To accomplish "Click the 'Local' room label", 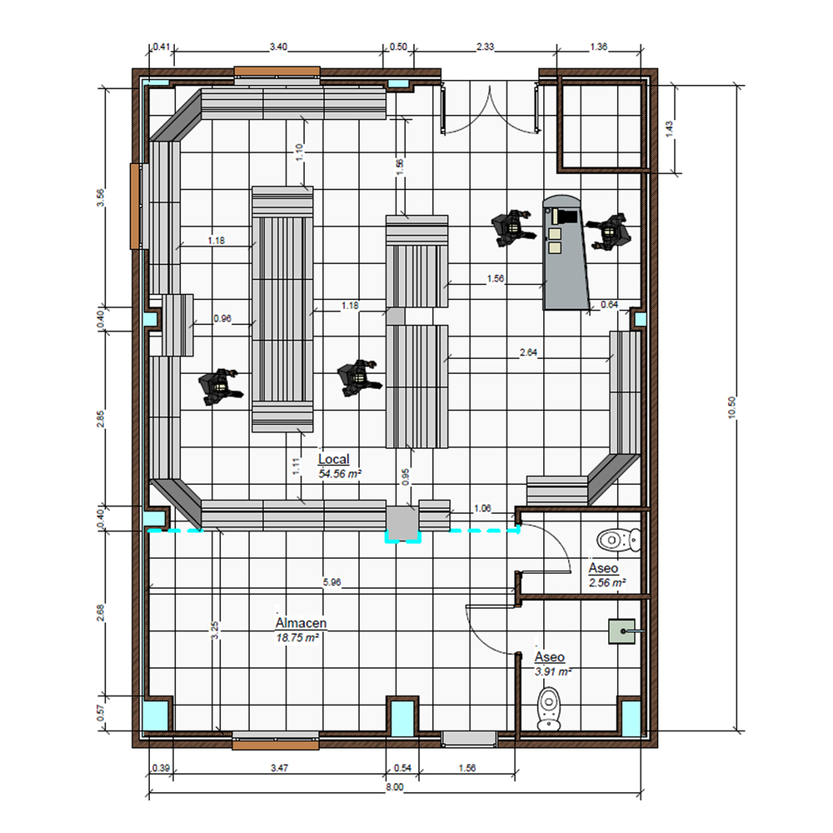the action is pos(334,459).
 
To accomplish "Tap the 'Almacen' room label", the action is pos(301,622).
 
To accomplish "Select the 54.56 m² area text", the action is pos(340,473).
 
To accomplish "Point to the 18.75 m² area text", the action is pos(297,637).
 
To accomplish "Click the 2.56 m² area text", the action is pos(606,583).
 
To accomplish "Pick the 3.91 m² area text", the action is pos(553,671).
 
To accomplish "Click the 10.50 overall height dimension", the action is pos(732,407).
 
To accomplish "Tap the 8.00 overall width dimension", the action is pos(394,787).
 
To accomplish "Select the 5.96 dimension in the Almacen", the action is pos(332,582).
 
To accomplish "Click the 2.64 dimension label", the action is pos(529,352).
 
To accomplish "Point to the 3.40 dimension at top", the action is pos(278,47).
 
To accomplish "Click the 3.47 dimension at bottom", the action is pos(279,768).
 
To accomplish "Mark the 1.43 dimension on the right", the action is pos(670,128).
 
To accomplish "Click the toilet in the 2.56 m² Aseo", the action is pos(618,541).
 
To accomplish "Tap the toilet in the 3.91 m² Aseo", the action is pos(549,709).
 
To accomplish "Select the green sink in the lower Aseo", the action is pos(622,631).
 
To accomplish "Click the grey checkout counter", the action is pos(566,252).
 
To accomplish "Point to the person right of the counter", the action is pos(610,232).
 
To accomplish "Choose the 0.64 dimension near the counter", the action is pos(610,304).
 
